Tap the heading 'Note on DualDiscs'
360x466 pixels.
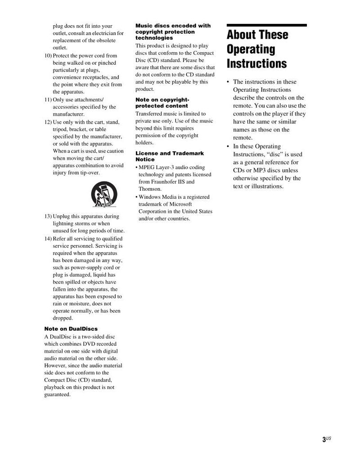(x=71, y=329)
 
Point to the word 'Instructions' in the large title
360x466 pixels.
(x=256, y=63)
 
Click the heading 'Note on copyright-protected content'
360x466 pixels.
(x=162, y=103)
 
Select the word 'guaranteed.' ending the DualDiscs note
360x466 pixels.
(x=58, y=394)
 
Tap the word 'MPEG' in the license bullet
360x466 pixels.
(x=147, y=167)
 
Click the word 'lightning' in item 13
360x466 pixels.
(x=64, y=224)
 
